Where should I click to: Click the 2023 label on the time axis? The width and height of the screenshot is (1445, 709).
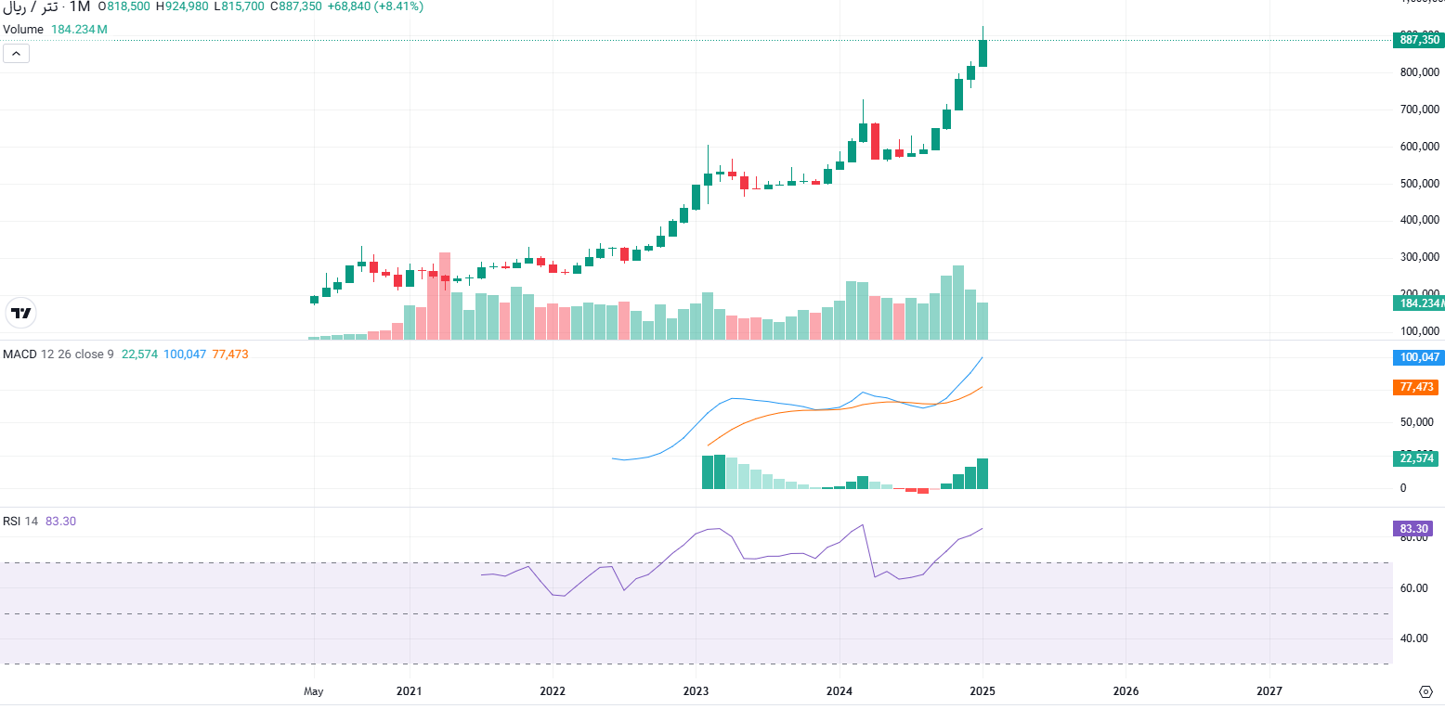click(x=696, y=691)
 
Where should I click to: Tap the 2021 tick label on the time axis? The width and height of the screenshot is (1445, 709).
click(x=409, y=691)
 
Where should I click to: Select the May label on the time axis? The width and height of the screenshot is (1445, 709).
click(x=314, y=691)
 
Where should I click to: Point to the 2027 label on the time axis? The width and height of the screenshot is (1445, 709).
click(x=1269, y=691)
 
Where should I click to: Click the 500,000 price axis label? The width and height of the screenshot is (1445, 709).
click(x=1419, y=184)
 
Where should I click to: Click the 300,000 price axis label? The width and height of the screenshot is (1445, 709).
click(x=1419, y=258)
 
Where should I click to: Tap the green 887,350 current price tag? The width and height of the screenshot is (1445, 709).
click(x=1418, y=40)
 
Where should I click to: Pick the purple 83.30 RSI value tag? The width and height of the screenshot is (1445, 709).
click(x=1415, y=529)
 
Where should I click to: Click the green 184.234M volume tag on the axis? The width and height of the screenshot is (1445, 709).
click(x=1418, y=303)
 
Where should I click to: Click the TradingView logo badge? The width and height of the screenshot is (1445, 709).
click(x=20, y=314)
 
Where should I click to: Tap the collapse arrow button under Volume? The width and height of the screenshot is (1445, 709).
click(x=17, y=54)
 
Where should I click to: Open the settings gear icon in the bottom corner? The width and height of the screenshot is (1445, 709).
click(x=1425, y=691)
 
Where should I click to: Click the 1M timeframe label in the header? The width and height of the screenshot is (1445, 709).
click(x=80, y=6)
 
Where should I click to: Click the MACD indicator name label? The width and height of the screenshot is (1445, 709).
click(x=20, y=354)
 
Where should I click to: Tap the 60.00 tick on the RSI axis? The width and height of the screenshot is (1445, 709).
click(x=1415, y=588)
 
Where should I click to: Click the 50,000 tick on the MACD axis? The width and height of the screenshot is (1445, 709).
click(x=1415, y=422)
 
